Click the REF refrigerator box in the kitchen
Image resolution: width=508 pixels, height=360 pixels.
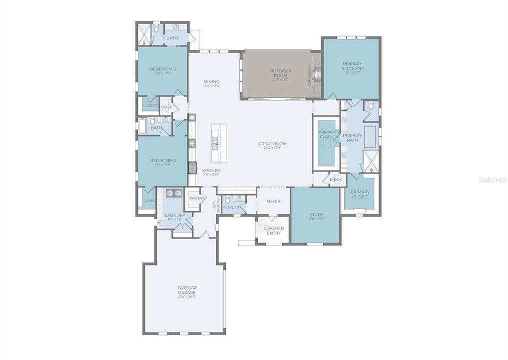tap(191, 167)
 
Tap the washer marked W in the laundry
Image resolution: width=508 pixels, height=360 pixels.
tap(169, 192)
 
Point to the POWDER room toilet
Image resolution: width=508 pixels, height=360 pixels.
tap(228, 200)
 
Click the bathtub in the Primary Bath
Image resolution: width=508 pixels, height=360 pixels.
tap(370, 136)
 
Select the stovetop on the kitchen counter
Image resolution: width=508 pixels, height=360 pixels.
tap(191, 143)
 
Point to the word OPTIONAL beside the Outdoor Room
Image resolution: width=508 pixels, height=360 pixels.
tap(309, 74)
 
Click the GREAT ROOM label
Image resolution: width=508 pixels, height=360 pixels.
tap(272, 143)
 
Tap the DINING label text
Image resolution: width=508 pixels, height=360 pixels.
tap(212, 81)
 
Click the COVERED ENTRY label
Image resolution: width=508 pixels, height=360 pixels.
tap(273, 230)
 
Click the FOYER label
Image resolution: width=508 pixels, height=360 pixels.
tap(273, 201)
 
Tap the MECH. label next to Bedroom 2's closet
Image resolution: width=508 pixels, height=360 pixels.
tap(166, 106)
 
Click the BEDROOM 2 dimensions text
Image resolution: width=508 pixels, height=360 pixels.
tap(163, 73)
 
